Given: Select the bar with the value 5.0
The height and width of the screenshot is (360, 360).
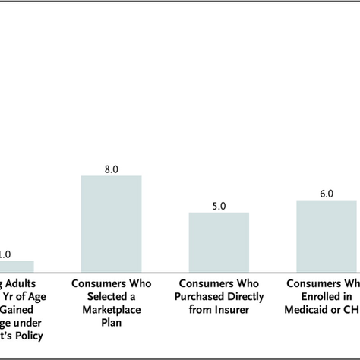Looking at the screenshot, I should [219, 241].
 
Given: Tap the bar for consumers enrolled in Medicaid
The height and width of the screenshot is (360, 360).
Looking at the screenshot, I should [327, 235].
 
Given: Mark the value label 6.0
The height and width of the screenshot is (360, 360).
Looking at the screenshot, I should [327, 194].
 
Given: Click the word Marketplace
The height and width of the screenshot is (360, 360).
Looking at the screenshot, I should [111, 309].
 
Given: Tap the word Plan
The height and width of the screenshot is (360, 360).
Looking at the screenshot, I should [111, 322].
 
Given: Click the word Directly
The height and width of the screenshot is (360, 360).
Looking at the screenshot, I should [242, 296].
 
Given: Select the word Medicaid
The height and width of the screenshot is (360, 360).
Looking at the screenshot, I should [311, 309].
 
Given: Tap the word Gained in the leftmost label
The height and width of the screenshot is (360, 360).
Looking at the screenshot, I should [17, 309].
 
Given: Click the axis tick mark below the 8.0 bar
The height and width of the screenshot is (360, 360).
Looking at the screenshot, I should [111, 274].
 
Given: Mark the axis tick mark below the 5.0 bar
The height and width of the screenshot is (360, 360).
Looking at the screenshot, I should [219, 274].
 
